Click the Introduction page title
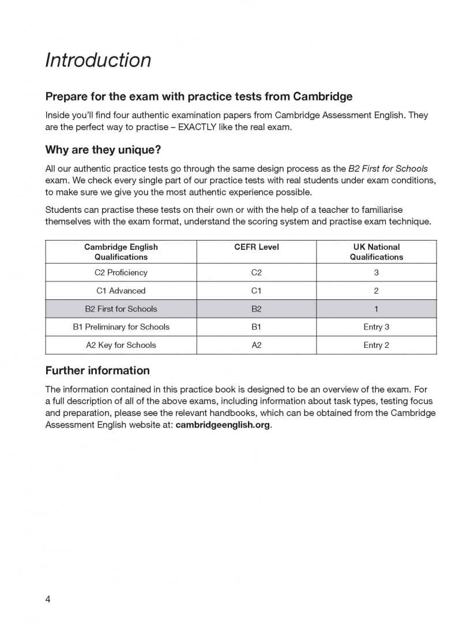(98, 60)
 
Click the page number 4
(48, 599)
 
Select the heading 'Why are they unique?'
(103, 150)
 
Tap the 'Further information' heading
(97, 370)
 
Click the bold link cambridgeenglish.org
(223, 425)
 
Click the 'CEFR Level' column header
(257, 247)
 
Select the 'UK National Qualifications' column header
(376, 252)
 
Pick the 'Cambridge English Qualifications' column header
(121, 252)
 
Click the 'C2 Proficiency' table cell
(121, 272)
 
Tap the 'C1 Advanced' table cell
(121, 291)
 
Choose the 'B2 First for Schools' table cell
(121, 309)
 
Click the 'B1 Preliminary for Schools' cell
(121, 326)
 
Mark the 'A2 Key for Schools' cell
(121, 345)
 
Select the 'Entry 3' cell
(376, 326)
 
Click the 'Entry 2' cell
(376, 345)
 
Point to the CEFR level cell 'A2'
(257, 345)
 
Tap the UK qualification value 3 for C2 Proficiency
(376, 272)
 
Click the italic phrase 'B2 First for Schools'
(388, 169)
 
